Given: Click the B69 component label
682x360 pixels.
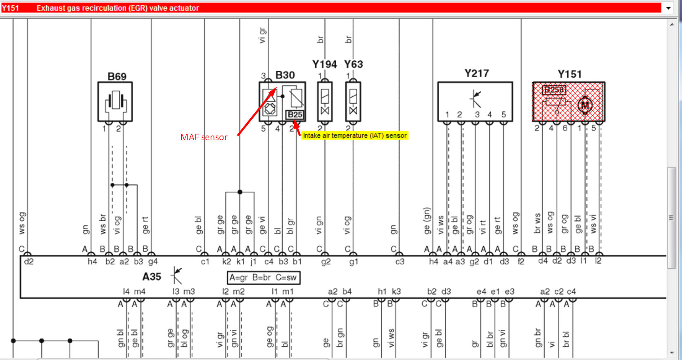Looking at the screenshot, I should (x=117, y=76).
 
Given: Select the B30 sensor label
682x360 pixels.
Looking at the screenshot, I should (x=285, y=75).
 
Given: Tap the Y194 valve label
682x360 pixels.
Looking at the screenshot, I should (x=324, y=64).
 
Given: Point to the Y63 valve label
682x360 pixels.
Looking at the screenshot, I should (x=354, y=64).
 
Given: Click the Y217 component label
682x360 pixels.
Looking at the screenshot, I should (x=477, y=74).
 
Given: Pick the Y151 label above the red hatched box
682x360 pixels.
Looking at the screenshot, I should (x=570, y=74).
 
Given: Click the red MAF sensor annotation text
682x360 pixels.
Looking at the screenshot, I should (x=204, y=137).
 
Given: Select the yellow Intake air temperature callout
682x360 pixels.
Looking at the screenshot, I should (x=355, y=136).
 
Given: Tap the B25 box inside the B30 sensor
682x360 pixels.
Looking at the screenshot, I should (x=295, y=114).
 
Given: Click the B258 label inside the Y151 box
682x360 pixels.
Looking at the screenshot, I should (x=554, y=90).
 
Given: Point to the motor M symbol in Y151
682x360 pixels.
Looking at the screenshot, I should (x=585, y=105).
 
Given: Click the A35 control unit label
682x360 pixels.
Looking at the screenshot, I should (x=152, y=277).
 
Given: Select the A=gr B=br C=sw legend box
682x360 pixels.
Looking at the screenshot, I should (x=264, y=278).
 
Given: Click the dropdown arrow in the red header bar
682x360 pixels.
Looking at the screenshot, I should (x=668, y=8).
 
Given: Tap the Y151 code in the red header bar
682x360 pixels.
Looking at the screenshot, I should (x=10, y=8).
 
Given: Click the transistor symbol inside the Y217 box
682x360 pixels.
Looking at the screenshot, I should (x=475, y=99).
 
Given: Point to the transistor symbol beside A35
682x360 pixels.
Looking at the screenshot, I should (x=177, y=275).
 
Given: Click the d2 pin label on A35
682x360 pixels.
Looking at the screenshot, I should (x=29, y=262).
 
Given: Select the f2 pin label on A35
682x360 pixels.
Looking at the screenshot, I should (x=521, y=262).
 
